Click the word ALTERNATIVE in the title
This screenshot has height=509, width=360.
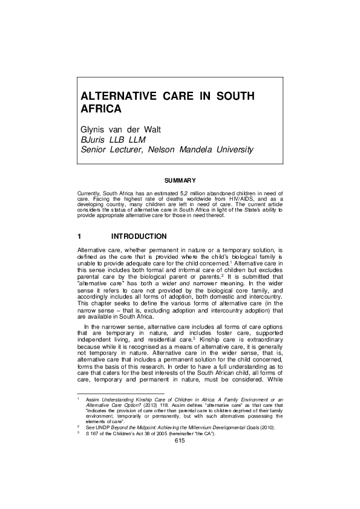(x=117, y=97)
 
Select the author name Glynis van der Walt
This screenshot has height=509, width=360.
(x=126, y=129)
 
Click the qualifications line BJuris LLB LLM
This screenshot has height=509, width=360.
(x=114, y=140)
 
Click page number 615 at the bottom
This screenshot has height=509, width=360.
(x=180, y=475)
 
